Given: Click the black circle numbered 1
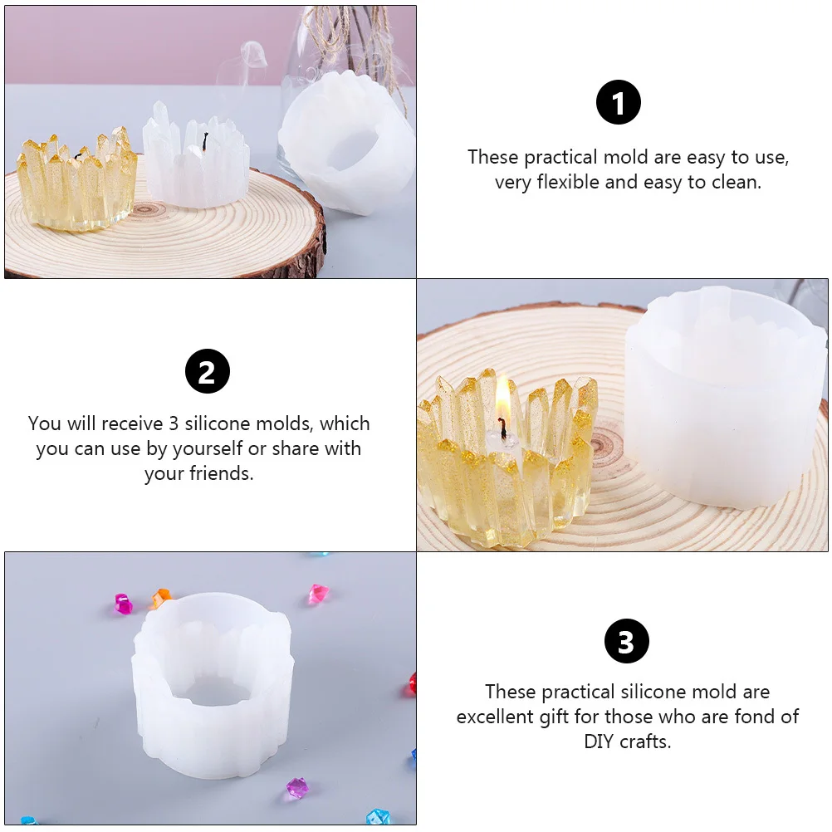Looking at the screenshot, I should pos(619,103).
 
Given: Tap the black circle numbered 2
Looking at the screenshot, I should pos(208,371).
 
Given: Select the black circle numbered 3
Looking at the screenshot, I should pos(626,641).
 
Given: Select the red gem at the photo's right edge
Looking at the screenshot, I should pos(411,685).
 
